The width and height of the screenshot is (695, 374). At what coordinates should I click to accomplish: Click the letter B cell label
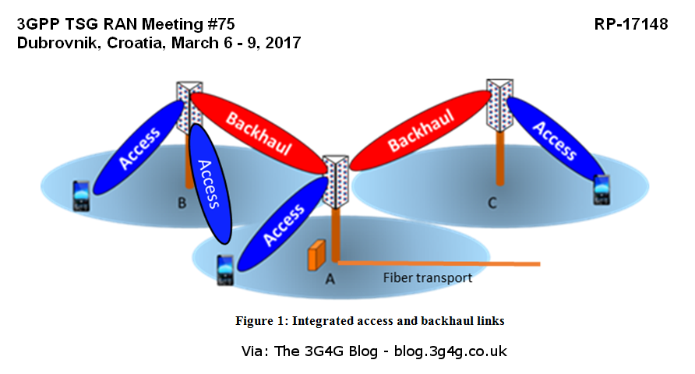click(x=182, y=204)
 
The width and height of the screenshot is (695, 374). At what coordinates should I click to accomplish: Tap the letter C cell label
click(x=492, y=203)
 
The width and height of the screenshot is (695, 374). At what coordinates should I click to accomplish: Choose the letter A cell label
click(x=330, y=278)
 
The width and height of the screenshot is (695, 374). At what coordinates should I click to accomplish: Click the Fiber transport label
click(x=427, y=277)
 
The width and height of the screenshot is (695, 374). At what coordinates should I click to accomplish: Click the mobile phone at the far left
click(x=81, y=197)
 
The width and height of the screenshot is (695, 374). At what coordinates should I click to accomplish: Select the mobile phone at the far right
click(x=601, y=189)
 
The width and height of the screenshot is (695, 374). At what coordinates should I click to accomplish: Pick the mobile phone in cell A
click(x=224, y=270)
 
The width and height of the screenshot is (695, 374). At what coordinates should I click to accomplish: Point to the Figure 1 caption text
click(x=370, y=320)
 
